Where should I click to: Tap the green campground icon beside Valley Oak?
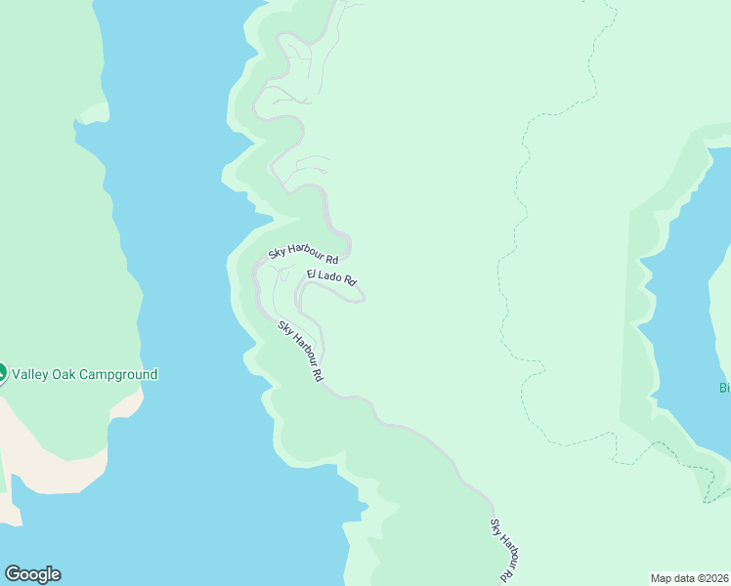point(2,373)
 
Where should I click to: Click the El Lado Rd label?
point(331,277)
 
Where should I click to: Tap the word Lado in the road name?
point(330,277)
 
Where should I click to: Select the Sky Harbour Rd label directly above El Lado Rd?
point(303,255)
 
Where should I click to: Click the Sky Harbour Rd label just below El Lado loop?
point(300,351)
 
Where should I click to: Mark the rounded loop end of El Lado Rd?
point(362,299)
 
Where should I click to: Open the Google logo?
point(32,574)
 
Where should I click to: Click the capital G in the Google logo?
point(13,574)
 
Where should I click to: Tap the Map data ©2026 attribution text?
point(690,578)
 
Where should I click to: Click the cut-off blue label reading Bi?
point(725,388)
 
